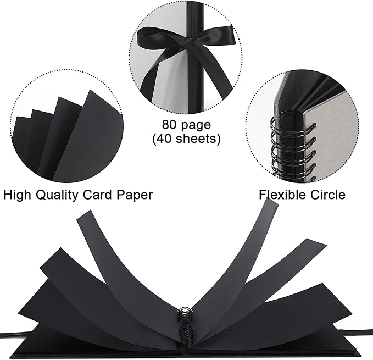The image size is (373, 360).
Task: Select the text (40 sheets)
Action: pyautogui.click(x=186, y=139)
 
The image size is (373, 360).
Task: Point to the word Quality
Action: pyautogui.click(x=57, y=195)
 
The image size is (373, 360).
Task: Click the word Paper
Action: pyautogui.click(x=135, y=196)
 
